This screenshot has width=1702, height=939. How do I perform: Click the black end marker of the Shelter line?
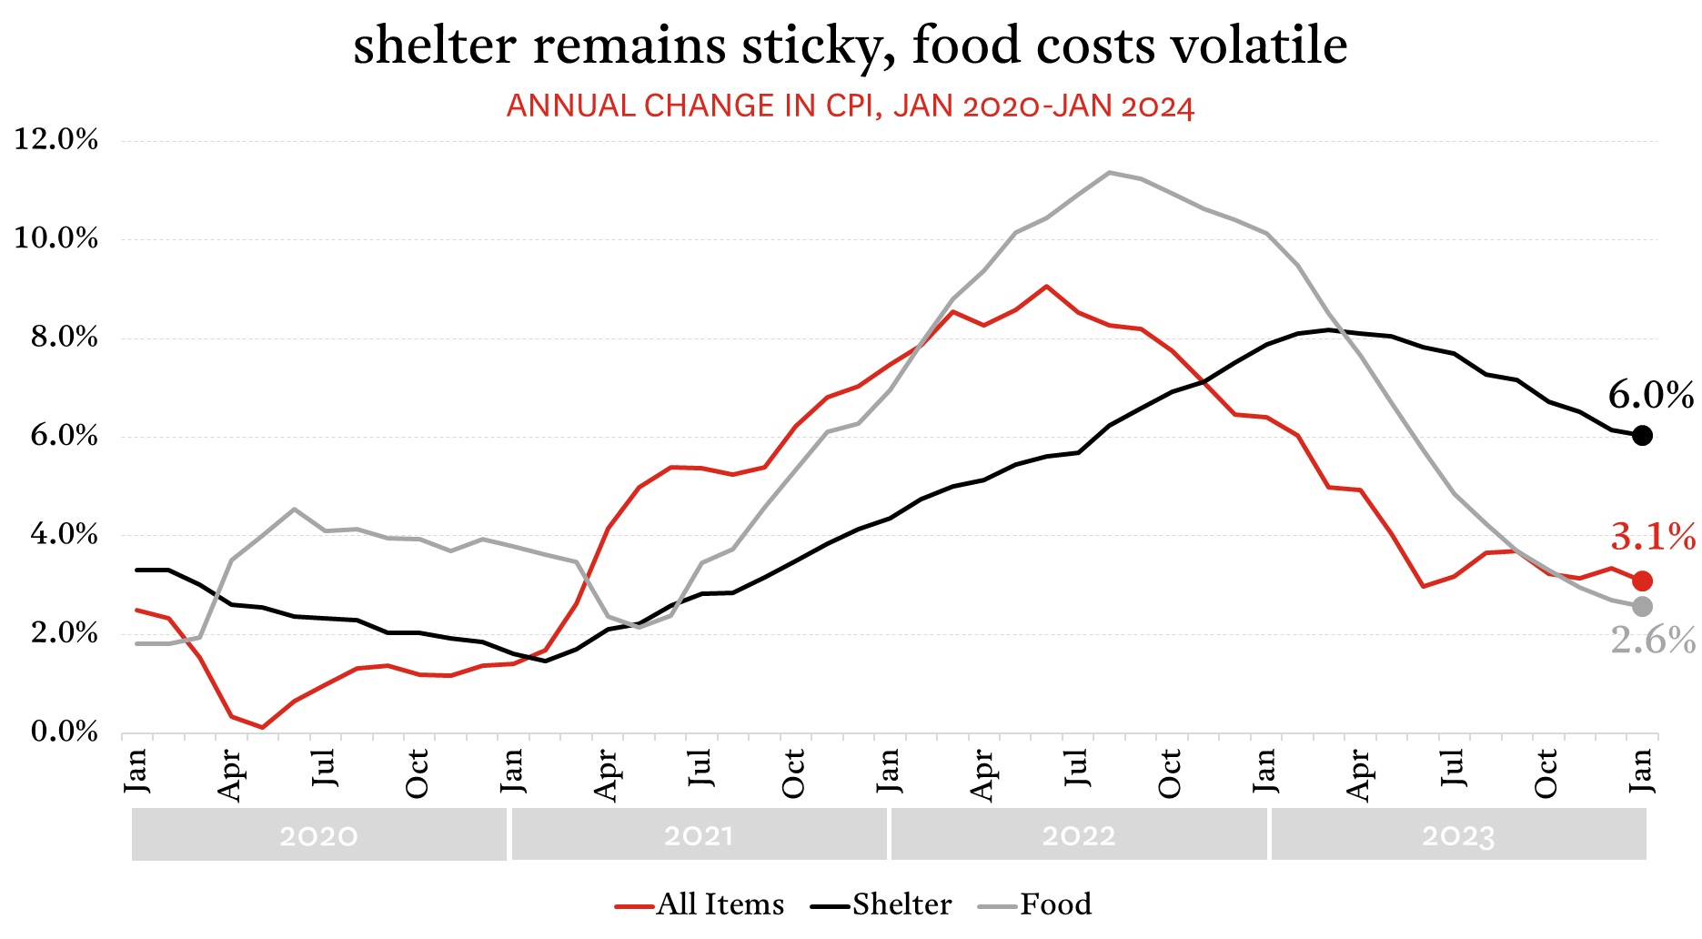point(1642,436)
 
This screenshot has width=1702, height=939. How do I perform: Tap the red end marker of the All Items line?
point(1642,581)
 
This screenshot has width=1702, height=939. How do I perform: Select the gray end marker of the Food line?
point(1642,606)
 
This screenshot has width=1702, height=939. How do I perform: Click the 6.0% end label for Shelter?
point(1650,395)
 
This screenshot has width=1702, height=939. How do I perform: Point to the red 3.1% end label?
point(1652,537)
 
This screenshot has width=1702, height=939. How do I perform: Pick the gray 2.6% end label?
point(1652,641)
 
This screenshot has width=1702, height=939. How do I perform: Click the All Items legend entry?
point(700,904)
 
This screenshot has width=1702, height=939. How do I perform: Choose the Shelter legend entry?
point(882,904)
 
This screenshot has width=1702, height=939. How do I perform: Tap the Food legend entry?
point(1037,904)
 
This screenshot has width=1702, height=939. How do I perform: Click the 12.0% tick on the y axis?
point(56,140)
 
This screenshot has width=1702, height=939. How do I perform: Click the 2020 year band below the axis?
point(318,835)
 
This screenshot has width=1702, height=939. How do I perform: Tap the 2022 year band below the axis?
point(1079,835)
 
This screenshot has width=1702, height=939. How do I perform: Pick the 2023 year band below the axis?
point(1458,835)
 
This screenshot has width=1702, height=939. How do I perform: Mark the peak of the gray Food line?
point(1109,172)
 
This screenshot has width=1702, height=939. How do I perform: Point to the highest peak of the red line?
point(1047,286)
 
